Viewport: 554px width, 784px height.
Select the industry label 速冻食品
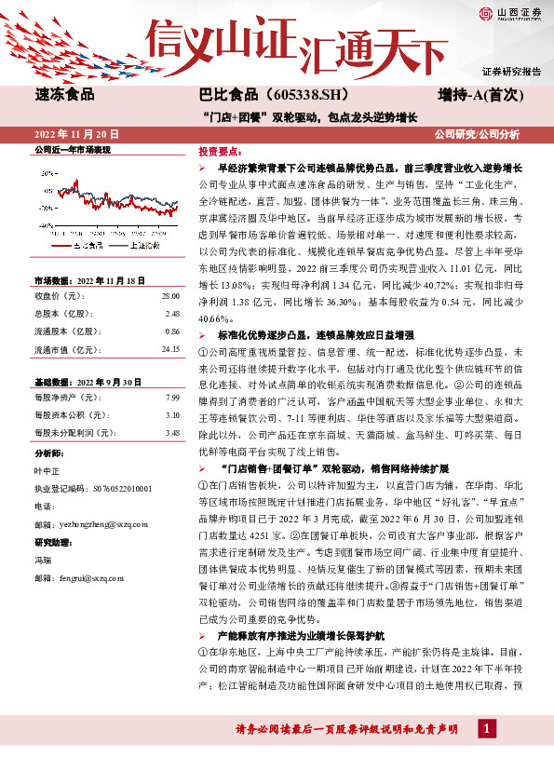[x=65, y=94]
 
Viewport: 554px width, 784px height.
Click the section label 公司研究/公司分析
[x=477, y=134]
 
